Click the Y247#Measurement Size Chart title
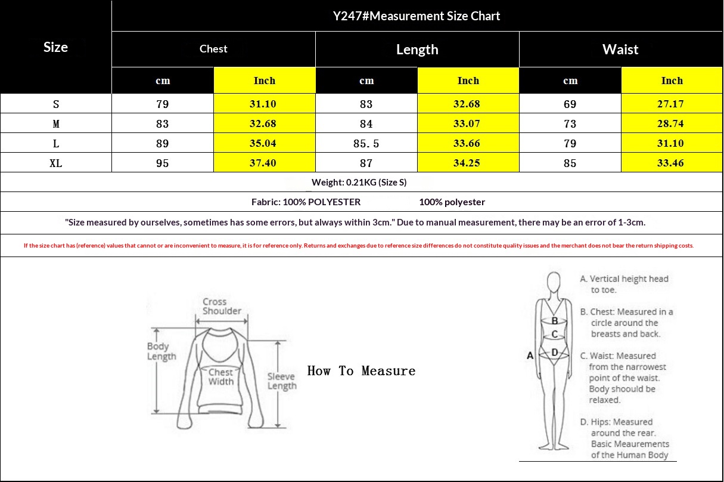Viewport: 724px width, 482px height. [x=417, y=16]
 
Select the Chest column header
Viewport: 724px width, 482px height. [x=213, y=49]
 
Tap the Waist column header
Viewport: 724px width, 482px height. [x=620, y=50]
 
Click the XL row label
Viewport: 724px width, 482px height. [x=55, y=163]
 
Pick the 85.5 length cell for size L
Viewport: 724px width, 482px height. [x=366, y=143]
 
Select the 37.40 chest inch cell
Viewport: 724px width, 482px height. [x=263, y=163]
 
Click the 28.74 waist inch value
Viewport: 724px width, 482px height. [x=670, y=123]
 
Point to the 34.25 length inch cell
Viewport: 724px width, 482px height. [x=467, y=163]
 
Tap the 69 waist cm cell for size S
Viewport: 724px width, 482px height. [x=570, y=104]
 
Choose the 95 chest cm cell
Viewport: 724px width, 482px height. [x=162, y=163]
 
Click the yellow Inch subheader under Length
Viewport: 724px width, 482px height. [x=468, y=81]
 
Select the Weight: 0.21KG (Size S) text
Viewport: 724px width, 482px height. [x=359, y=183]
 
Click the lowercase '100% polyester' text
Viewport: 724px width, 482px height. [x=452, y=202]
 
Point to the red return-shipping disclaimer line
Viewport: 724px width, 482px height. [x=359, y=246]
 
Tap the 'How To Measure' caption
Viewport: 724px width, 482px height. [x=361, y=370]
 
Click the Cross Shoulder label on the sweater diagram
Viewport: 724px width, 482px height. [x=222, y=306]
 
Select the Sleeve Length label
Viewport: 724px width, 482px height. [x=282, y=381]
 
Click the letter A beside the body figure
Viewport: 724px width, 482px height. [x=530, y=356]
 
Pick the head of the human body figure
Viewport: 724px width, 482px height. [x=554, y=282]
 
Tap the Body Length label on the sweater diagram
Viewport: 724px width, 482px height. [x=161, y=351]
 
